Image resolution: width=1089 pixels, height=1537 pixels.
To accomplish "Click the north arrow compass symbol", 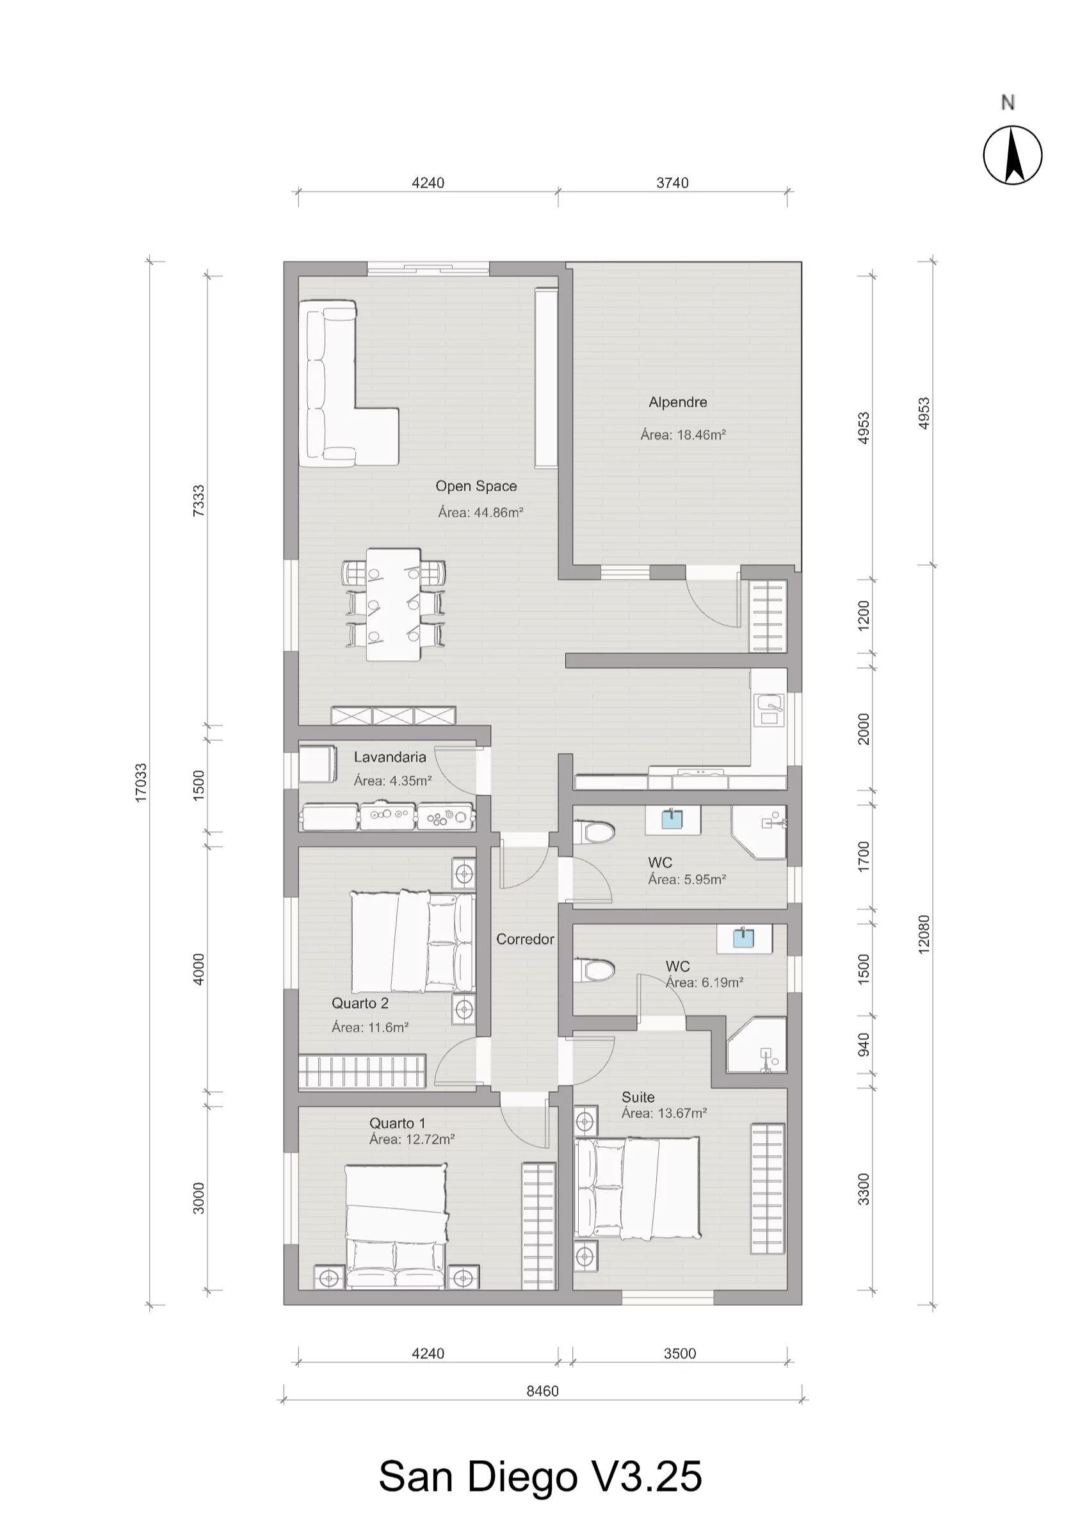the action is [x=1013, y=154].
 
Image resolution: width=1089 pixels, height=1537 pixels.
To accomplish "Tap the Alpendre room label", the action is [x=678, y=402].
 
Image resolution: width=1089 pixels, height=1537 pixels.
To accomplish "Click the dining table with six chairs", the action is [x=394, y=603].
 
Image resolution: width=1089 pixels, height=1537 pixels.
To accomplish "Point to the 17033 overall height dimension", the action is [x=141, y=782].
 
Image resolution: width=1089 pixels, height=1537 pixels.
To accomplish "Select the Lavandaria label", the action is [x=391, y=757].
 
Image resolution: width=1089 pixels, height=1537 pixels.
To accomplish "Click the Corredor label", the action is [x=525, y=939].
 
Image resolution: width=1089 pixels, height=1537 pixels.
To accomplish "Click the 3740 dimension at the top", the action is [x=673, y=183].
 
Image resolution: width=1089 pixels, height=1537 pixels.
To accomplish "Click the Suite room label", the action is [x=638, y=1097].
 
